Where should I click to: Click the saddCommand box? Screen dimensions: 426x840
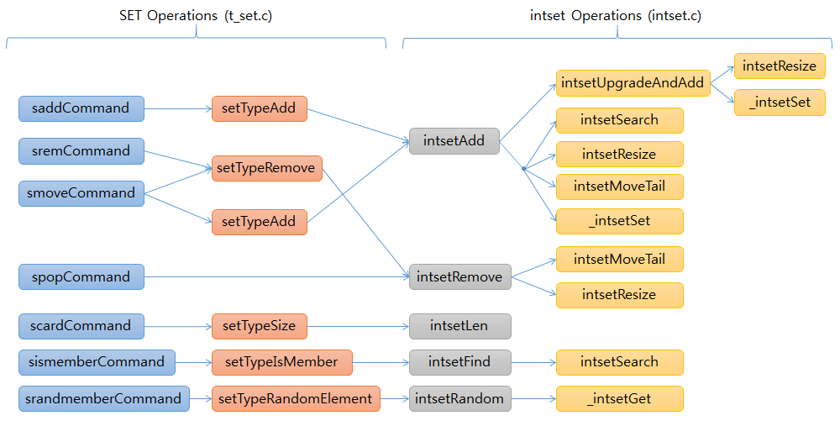81,108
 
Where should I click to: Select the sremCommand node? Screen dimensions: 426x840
81,151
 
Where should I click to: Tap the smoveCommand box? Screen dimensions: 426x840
81,193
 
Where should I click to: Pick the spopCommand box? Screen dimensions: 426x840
81,277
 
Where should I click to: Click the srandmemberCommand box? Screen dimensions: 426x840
104,398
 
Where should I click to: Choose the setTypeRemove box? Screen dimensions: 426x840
266,168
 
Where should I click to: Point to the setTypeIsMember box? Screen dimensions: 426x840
281,362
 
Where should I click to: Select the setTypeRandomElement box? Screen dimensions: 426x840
296,398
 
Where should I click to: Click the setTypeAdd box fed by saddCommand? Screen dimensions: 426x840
259,108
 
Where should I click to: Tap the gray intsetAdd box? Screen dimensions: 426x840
454,141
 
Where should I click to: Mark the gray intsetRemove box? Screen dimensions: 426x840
459,276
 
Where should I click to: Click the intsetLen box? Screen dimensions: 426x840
459,326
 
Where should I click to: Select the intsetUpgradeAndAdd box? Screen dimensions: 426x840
633,83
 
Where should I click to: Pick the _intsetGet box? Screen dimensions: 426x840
619,398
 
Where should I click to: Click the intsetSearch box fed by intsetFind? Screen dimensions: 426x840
619,362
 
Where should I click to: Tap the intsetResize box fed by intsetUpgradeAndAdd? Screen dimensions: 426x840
779,66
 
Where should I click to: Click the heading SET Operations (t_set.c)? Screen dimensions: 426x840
196,15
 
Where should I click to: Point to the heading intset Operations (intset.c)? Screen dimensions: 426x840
616,15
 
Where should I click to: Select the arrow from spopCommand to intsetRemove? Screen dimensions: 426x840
277,276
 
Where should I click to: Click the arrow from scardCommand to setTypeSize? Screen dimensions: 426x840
177,326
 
